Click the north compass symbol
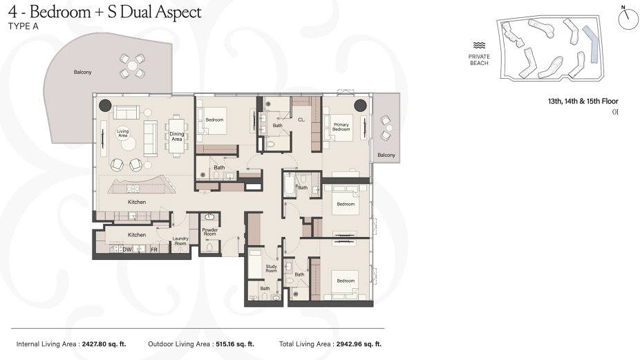628,19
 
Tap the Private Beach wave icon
479,46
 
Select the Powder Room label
210,232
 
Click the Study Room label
272,269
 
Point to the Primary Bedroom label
341,127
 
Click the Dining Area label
177,136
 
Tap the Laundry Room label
180,241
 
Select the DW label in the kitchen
127,249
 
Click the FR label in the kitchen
154,250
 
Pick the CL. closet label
301,120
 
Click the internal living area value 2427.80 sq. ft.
104,344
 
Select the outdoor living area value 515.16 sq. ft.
235,344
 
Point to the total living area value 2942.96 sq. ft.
359,344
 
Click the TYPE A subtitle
23,26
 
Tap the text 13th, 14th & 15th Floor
583,101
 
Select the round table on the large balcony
132,66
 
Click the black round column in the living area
105,105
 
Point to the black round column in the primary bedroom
360,106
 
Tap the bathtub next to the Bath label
290,185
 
